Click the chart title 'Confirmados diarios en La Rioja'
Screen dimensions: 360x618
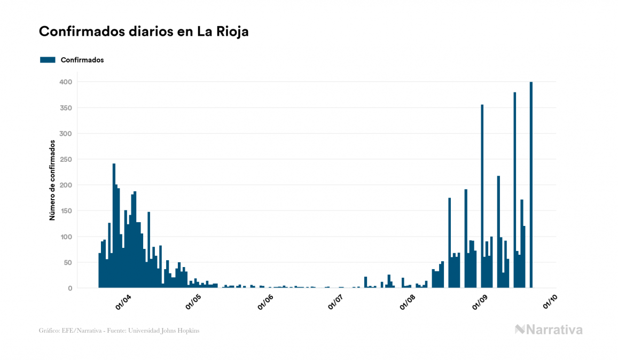tap(144, 32)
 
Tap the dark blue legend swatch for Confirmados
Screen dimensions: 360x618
tap(48, 60)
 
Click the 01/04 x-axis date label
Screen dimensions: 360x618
tap(123, 302)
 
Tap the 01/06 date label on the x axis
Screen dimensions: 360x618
tap(265, 302)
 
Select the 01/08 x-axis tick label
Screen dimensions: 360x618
tap(408, 302)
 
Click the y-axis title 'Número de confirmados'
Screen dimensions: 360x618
tap(52, 181)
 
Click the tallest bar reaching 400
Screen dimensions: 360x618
tap(531, 185)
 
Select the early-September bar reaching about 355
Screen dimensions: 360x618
tap(482, 196)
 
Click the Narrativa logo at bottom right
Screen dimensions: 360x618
tap(548, 330)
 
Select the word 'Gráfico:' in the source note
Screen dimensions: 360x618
tap(49, 331)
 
